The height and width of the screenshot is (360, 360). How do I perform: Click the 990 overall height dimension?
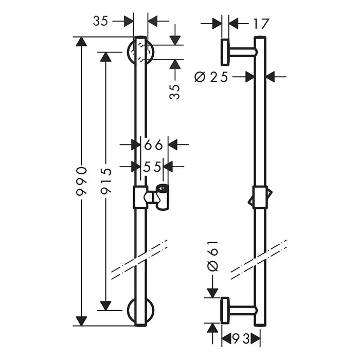pos(80,181)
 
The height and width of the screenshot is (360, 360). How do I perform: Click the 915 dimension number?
pos(106,181)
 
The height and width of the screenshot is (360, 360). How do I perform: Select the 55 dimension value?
pos(153,167)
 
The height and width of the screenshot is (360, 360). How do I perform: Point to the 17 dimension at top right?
pos(261,23)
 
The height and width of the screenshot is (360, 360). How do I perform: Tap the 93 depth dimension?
pos(241,339)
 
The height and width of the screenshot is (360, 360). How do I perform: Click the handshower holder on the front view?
pos(160,197)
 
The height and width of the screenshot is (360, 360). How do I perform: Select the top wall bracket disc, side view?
pos(225,52)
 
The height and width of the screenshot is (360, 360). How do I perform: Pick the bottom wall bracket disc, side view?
pos(225,310)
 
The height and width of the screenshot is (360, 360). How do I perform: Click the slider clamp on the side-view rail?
pos(261,197)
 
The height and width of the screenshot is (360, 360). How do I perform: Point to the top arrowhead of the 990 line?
pos(80,42)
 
